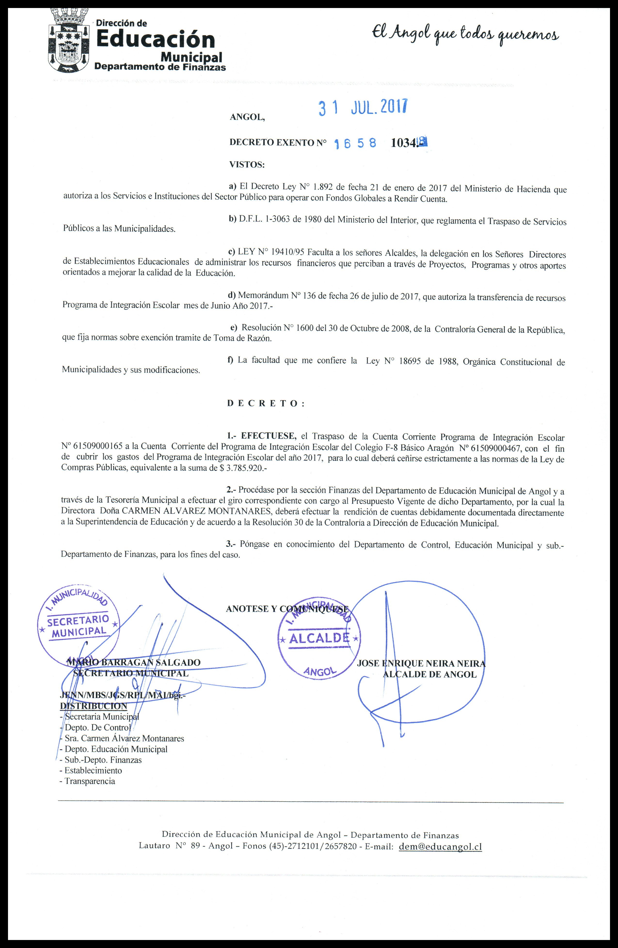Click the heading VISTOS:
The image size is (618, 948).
(247, 164)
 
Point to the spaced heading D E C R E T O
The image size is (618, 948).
(266, 403)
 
